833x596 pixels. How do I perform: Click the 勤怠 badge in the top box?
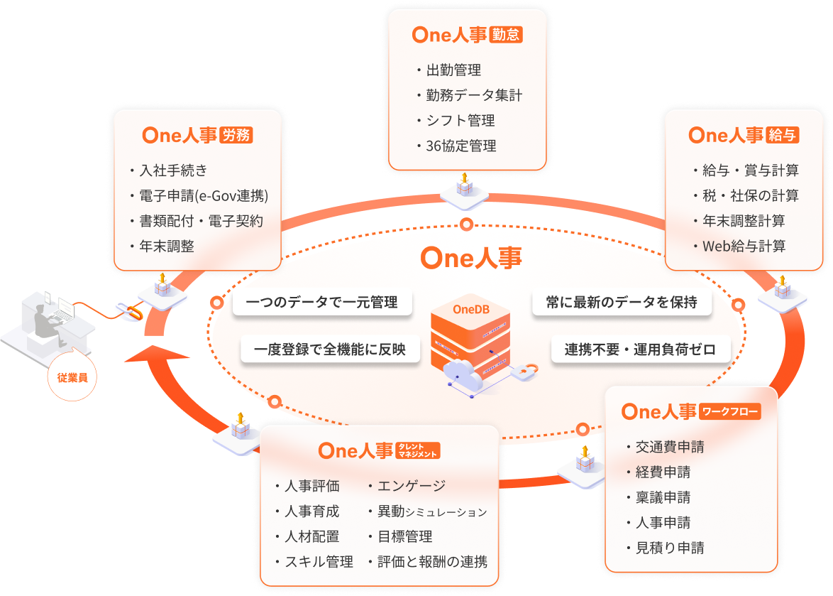505,35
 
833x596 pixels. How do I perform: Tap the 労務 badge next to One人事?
236,135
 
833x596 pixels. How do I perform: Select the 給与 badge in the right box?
782,135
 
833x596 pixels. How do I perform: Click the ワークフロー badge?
730,411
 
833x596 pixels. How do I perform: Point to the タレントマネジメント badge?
418,451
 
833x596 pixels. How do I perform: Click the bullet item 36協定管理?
460,146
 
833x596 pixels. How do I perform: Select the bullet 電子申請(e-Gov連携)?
203,195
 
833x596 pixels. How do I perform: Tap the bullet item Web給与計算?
743,246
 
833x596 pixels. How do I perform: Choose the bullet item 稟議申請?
663,498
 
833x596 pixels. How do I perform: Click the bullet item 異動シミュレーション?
431,511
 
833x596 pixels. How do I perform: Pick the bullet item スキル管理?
318,562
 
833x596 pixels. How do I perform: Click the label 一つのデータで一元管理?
322,303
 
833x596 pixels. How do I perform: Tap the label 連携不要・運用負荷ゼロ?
640,350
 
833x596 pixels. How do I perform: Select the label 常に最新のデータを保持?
622,303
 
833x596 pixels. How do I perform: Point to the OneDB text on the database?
470,310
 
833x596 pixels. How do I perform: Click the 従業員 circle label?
72,377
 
